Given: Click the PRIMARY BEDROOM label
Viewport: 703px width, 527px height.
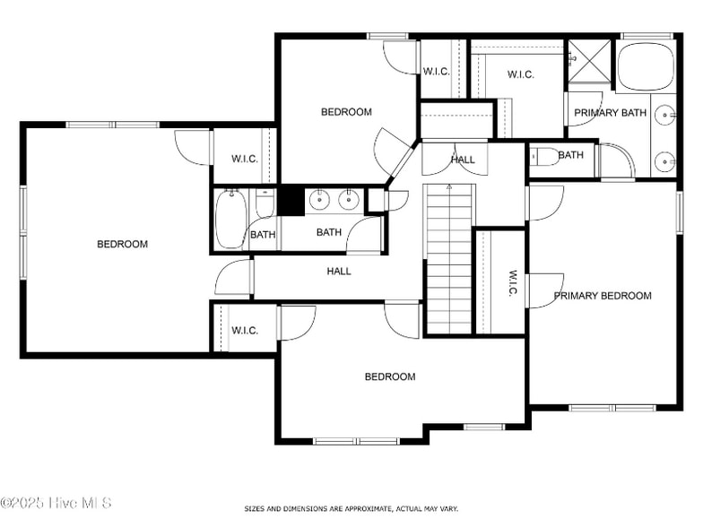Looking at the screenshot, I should (602, 296).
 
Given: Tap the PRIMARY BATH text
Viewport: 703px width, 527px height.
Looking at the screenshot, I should (610, 113).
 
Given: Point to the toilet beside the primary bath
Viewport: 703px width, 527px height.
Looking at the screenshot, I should (542, 157).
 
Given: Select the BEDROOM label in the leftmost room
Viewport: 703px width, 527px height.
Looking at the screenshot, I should (122, 244).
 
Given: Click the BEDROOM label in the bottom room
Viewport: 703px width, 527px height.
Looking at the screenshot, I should (389, 376).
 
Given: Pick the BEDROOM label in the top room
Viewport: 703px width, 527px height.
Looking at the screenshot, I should (346, 112).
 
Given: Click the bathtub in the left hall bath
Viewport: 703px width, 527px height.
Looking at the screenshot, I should (231, 219).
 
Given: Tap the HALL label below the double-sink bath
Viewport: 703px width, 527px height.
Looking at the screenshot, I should (338, 271).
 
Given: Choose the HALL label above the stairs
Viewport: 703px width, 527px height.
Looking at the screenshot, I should (463, 160).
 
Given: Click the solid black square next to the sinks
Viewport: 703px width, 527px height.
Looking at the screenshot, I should (290, 200).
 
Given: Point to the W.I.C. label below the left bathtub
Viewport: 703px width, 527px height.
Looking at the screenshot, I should (245, 331).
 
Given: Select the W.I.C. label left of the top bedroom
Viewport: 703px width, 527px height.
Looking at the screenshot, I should (245, 159).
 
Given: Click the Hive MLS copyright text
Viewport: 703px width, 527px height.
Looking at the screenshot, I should (56, 503).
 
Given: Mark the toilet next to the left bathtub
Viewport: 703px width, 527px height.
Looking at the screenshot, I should (265, 207).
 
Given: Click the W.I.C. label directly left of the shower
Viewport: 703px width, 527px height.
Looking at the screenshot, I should (520, 74).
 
